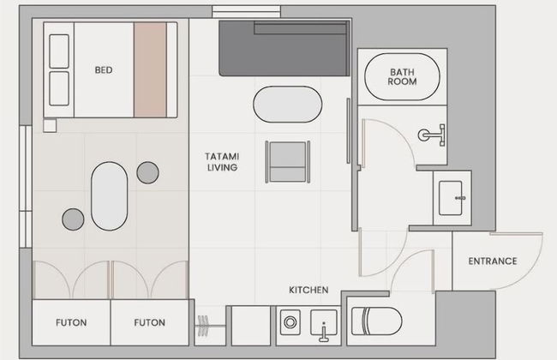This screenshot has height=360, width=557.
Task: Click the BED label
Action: pos(104,70)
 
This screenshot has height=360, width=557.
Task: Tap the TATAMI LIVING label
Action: pos(222,162)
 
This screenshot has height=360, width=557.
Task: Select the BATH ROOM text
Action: pos(402,77)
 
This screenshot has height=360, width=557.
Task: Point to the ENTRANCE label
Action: pos(493,261)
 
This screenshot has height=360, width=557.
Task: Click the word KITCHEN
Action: pos(308,290)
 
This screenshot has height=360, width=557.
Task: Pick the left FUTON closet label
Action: pos(71,322)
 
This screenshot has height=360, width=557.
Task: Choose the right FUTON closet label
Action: pos(150,322)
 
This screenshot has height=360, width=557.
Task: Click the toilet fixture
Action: pos(376,321)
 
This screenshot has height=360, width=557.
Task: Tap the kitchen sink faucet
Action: pos(324,333)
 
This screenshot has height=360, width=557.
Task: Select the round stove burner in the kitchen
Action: pos(290,322)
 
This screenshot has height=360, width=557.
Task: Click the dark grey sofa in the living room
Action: pos(284,48)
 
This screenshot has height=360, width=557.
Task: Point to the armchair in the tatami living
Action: pos(288,162)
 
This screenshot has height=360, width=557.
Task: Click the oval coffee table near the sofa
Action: pos(287,105)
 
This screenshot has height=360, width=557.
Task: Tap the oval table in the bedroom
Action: pos(109,195)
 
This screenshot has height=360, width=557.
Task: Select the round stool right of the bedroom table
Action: pos(147,173)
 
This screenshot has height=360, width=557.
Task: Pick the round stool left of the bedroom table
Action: pos(73,219)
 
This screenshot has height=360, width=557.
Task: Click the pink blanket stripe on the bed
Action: pos(150,69)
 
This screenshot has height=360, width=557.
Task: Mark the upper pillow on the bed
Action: pos(59,51)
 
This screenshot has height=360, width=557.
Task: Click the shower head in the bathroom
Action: pos(432,135)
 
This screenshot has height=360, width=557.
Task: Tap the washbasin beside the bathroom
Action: pos(452,198)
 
